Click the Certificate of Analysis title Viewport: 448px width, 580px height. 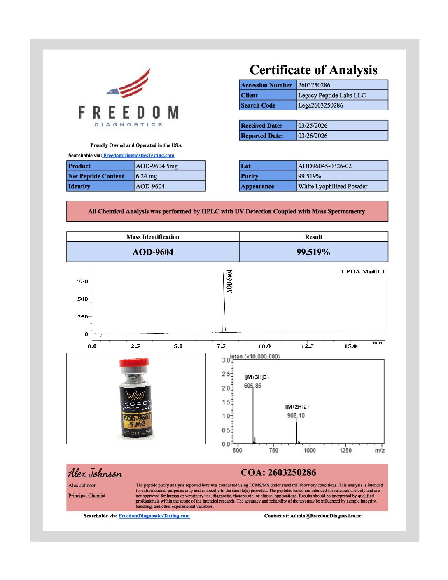[313, 70]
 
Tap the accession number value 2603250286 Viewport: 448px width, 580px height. [314, 85]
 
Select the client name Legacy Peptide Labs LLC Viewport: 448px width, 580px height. [332, 95]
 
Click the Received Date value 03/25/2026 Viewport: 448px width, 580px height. [313, 126]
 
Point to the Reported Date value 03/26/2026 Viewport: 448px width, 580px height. [313, 136]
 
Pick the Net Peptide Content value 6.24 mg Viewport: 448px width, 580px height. [147, 176]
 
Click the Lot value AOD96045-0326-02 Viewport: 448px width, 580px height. [325, 166]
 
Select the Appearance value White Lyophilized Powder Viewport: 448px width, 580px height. [333, 186]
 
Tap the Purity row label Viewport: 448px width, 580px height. [250, 176]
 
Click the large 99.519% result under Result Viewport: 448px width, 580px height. [313, 252]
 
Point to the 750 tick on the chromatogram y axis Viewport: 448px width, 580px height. [82, 281]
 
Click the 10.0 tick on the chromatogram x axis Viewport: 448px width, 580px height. [264, 346]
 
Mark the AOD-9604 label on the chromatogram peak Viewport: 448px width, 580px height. [229, 281]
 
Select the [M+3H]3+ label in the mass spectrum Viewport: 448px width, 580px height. [257, 377]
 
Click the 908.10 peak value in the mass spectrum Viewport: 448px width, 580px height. [296, 416]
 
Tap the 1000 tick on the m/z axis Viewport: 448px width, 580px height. [310, 451]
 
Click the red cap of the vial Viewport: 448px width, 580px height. [134, 362]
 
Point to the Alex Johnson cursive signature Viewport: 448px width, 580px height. [95, 473]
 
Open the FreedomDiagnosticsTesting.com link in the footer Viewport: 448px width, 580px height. [154, 516]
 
